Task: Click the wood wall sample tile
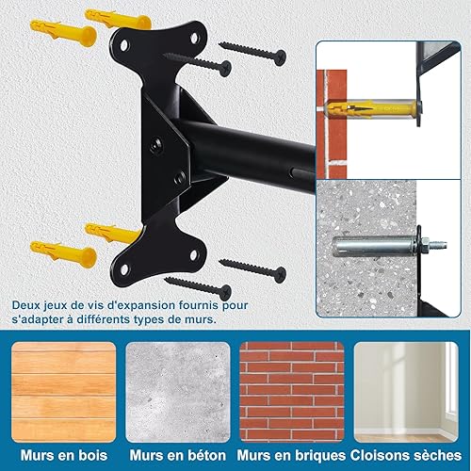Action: coord(64,392)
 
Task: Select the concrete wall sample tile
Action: coord(178,392)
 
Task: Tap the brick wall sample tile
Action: coord(292,392)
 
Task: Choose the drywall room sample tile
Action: coord(406,392)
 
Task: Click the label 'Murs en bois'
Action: coord(64,456)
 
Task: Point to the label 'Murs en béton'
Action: coord(178,456)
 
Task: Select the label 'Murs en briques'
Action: coord(291,456)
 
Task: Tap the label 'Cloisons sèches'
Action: coord(406,456)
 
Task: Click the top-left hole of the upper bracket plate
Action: coord(124,45)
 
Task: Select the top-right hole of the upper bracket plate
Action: coord(194,38)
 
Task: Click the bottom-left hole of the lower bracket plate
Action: coord(124,269)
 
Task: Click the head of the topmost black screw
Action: coord(280,57)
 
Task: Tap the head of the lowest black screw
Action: coord(225,293)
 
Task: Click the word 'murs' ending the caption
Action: coord(202,319)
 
